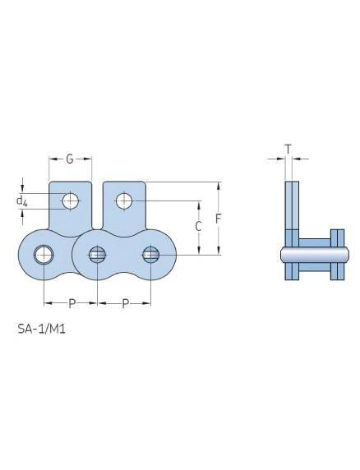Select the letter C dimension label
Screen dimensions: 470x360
click(x=198, y=226)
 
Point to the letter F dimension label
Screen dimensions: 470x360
click(x=219, y=219)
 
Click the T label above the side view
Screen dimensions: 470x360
click(x=288, y=148)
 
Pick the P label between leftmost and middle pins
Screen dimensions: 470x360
click(x=72, y=304)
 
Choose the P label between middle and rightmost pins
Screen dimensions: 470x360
click(x=125, y=304)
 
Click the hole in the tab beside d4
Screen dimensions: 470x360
click(x=71, y=200)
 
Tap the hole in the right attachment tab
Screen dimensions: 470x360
click(x=123, y=200)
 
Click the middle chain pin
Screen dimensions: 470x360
click(x=97, y=255)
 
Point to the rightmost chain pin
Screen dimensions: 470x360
click(x=150, y=255)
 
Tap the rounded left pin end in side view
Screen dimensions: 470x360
click(x=281, y=255)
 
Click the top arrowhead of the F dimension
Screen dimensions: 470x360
click(x=219, y=186)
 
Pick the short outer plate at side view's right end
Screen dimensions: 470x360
click(x=335, y=255)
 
